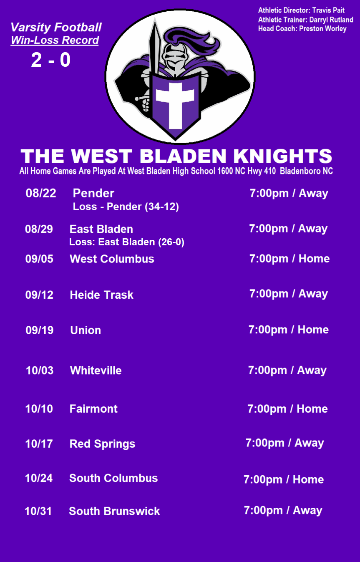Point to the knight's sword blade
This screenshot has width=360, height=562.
[x=154, y=48]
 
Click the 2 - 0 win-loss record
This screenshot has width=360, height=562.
[x=50, y=60]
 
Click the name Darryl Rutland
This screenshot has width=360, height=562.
[x=331, y=20]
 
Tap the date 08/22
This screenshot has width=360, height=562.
[x=41, y=193]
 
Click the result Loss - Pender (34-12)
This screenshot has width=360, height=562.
[x=126, y=207]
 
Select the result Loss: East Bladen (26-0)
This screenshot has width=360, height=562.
[x=127, y=242]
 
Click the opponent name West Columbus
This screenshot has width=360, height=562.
[x=112, y=259]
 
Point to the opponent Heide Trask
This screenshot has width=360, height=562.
[x=102, y=295]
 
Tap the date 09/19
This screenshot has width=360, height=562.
[x=40, y=330]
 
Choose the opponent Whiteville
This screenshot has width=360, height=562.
[x=96, y=370]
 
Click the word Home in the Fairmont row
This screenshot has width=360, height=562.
[x=312, y=409]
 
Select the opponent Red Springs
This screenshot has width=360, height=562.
[x=102, y=444]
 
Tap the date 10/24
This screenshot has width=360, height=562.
[x=39, y=478]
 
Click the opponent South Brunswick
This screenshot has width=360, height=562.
[x=114, y=512]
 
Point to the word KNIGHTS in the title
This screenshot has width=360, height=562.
[x=283, y=156]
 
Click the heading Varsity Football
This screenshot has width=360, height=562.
[x=56, y=28]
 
